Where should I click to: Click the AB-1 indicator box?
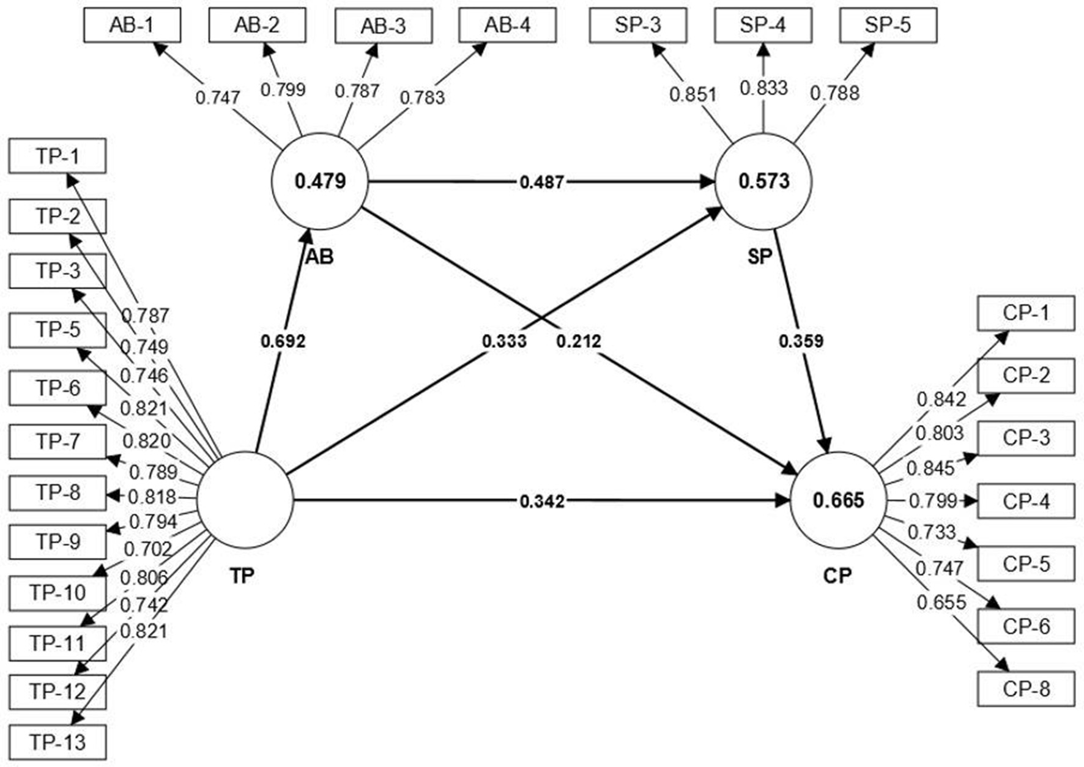(132, 25)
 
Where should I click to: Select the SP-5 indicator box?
(888, 25)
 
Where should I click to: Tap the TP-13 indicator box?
(58, 743)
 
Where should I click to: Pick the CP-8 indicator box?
(1026, 689)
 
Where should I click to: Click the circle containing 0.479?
(320, 182)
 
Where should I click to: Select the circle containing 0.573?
(763, 182)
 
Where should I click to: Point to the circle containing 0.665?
(838, 500)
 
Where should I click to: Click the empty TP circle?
(245, 500)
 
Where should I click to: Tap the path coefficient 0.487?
(541, 182)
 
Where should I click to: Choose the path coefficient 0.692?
(283, 341)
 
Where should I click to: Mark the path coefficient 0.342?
(541, 502)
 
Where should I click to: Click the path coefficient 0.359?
(801, 341)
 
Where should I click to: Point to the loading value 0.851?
(692, 95)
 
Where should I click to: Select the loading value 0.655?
(941, 602)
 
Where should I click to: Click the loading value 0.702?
(147, 549)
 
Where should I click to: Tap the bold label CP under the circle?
(837, 576)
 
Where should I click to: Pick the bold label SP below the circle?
(760, 257)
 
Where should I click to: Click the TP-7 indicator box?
(58, 441)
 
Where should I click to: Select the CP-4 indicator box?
(1026, 502)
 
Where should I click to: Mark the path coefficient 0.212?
(578, 341)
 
